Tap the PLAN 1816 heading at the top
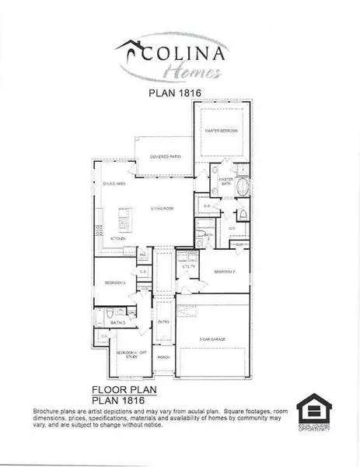(180, 93)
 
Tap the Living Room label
(162, 209)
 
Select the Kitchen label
(117, 238)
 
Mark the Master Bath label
(225, 181)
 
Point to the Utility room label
(187, 267)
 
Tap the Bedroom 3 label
(115, 283)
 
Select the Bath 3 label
(118, 321)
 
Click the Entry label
(163, 321)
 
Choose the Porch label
(163, 357)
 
